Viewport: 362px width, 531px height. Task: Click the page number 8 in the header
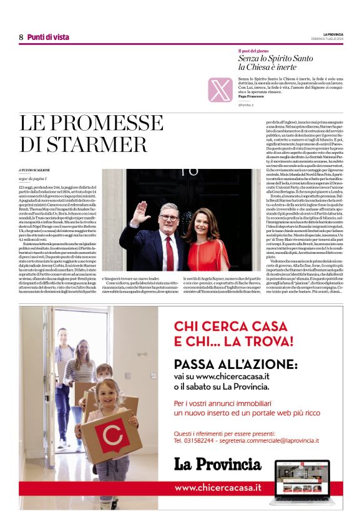click(x=21, y=37)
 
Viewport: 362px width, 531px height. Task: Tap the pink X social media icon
click(x=220, y=89)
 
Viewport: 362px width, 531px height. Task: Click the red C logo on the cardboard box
click(x=111, y=435)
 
